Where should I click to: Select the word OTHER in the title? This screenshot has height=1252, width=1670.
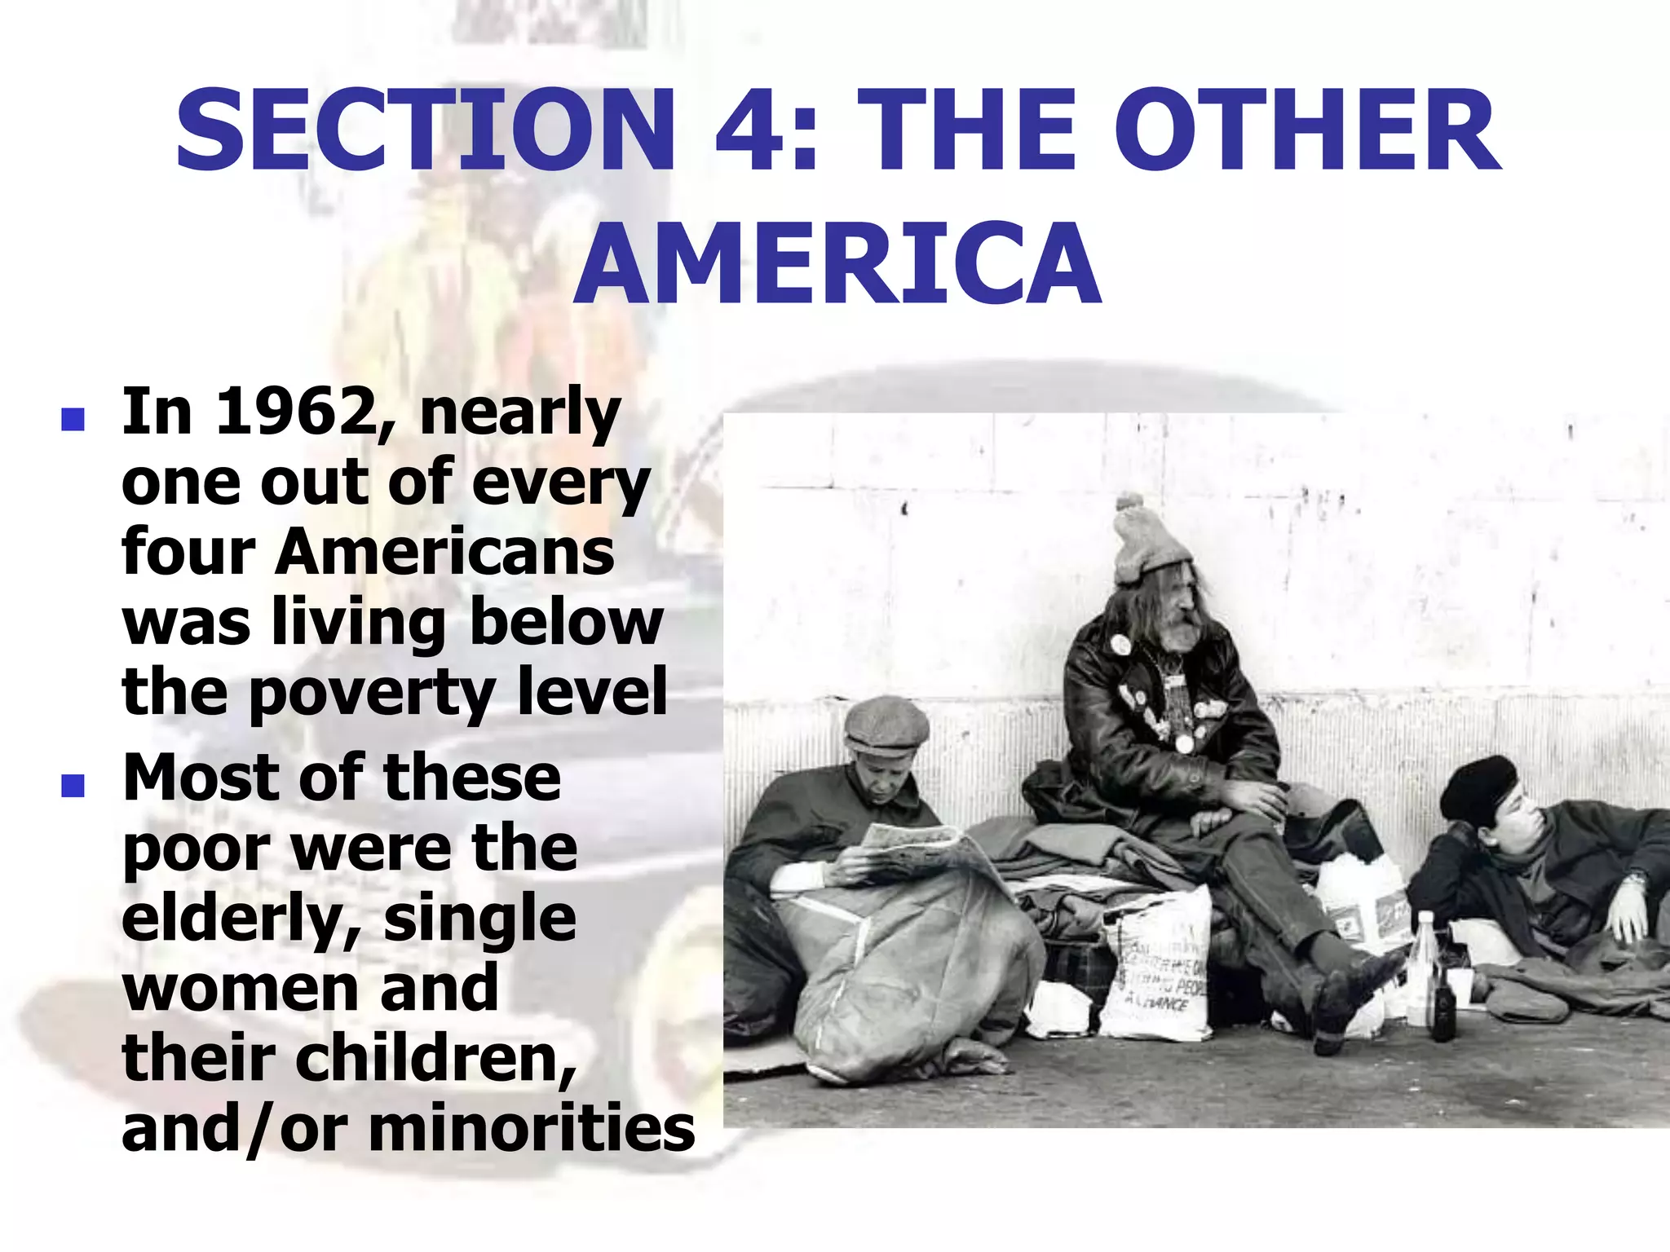[x=1307, y=130]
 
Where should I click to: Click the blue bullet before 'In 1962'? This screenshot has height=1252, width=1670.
[x=73, y=419]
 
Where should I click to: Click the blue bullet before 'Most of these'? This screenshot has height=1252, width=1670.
[x=73, y=785]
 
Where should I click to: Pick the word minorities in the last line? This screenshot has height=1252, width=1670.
[x=532, y=1130]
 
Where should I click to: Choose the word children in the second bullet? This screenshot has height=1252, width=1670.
[x=435, y=1060]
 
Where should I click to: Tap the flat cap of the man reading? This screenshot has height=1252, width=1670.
[x=886, y=725]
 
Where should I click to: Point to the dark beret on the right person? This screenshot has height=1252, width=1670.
[x=1478, y=787]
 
